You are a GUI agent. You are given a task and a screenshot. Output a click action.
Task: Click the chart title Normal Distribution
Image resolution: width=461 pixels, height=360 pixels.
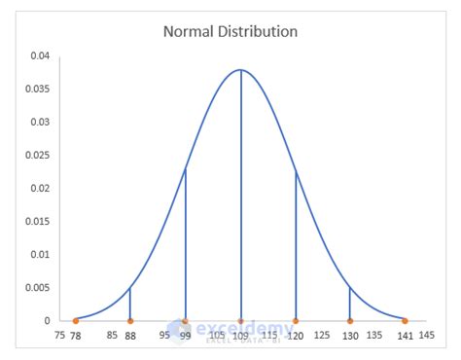tap(230, 31)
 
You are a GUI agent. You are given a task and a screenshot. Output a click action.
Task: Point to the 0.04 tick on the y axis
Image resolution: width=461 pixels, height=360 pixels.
tap(39, 55)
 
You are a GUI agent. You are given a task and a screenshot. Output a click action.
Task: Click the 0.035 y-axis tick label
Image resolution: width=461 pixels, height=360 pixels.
tap(37, 89)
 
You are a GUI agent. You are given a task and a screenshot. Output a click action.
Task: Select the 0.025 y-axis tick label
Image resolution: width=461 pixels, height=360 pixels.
tap(37, 155)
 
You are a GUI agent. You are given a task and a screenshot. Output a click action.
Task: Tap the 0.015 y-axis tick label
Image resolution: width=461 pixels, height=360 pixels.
tap(37, 221)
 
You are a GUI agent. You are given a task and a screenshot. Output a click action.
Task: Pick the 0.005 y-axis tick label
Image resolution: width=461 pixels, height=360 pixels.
tap(37, 287)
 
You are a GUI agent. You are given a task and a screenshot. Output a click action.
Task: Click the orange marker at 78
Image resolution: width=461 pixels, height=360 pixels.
tap(76, 320)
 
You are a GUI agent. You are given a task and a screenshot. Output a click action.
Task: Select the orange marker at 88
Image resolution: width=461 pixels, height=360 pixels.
tap(130, 320)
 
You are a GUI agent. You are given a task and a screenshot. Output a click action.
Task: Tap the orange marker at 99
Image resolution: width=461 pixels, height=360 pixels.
tap(186, 320)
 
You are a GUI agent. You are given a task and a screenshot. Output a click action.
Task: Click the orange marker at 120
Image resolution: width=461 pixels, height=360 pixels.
tap(296, 320)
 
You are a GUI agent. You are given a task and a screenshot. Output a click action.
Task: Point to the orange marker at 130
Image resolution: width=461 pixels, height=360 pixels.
tap(350, 320)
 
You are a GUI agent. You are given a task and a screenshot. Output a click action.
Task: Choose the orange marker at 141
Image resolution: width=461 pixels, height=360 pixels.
tap(406, 320)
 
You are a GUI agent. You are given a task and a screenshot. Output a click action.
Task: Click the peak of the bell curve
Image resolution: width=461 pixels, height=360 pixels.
tap(240, 70)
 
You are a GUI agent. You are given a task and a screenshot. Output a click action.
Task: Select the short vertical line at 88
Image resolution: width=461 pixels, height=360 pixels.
tap(130, 304)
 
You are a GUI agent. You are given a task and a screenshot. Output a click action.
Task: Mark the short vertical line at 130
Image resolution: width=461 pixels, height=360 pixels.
tap(350, 304)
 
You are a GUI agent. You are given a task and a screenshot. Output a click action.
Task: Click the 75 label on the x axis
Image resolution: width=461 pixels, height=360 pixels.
tap(60, 336)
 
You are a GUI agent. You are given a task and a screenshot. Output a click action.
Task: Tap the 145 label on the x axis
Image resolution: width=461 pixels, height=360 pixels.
tap(427, 336)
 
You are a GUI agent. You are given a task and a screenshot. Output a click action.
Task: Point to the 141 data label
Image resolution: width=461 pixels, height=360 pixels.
tap(406, 337)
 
